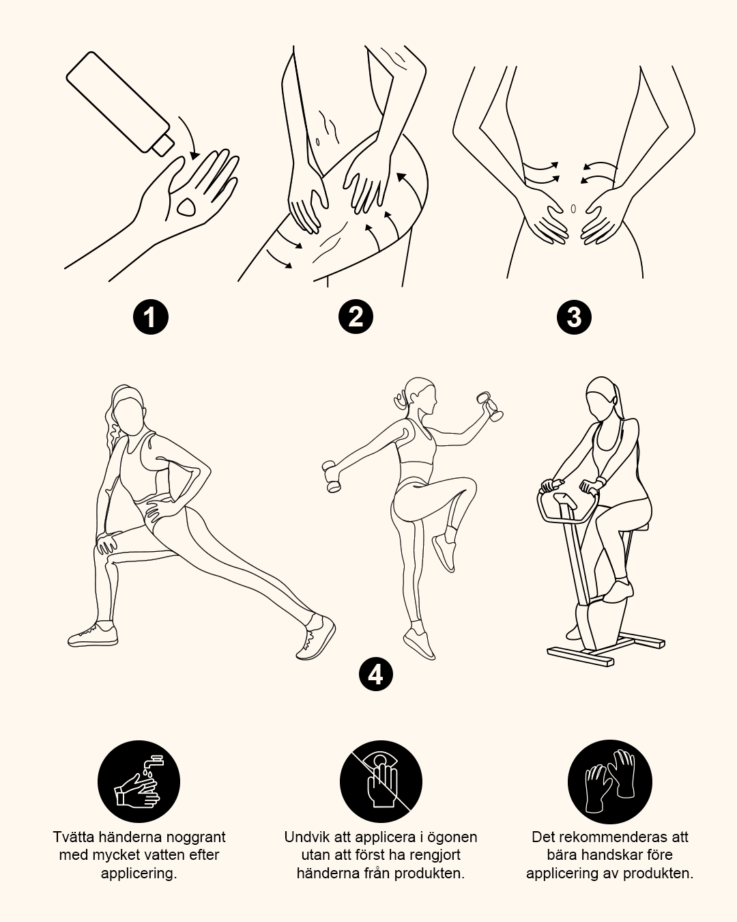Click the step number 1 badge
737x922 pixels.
150,318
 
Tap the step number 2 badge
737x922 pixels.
356,317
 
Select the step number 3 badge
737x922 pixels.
574,318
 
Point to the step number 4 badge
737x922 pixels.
375,675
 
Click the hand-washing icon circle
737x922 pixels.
139,782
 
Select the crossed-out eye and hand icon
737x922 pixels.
381,782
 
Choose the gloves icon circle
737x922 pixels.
610,782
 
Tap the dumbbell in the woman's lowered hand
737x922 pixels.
332,477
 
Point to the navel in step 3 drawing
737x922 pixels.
573,209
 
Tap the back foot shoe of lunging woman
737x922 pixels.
315,638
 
